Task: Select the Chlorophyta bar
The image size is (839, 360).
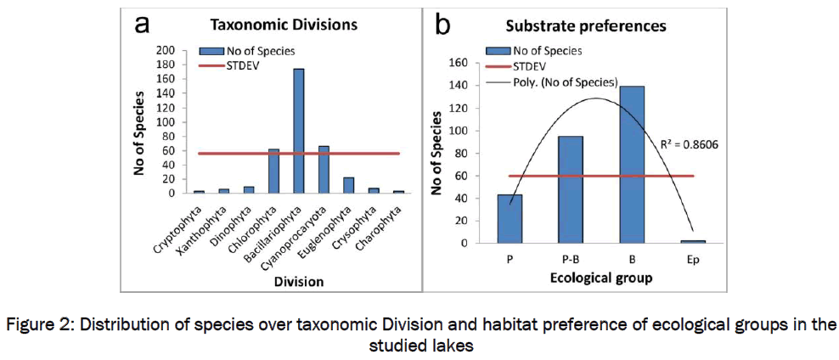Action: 273,171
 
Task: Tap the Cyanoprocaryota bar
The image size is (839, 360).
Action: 323,169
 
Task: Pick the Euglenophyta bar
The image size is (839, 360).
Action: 347,185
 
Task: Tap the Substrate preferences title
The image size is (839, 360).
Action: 586,26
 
